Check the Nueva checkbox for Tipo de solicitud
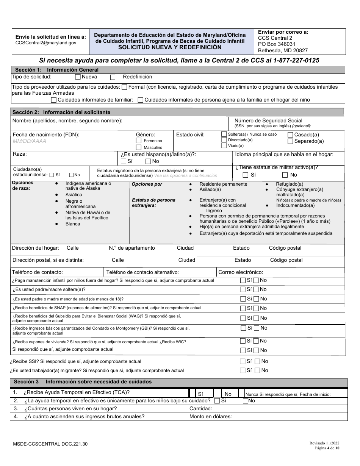[78, 77]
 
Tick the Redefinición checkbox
[113, 77]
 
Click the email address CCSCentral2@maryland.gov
[45, 43]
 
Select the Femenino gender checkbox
[139, 141]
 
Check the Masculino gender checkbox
[139, 147]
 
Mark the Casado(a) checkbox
[290, 135]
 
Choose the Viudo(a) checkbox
[224, 145]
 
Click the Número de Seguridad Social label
[268, 121]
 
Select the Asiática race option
[74, 194]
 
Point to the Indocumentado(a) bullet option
[295, 205]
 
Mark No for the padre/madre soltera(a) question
[256, 289]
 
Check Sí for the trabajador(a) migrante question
[243, 371]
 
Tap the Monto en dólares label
[210, 417]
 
